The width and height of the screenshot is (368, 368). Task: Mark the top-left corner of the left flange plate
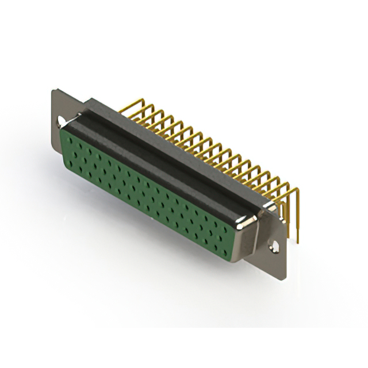tap(52, 90)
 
